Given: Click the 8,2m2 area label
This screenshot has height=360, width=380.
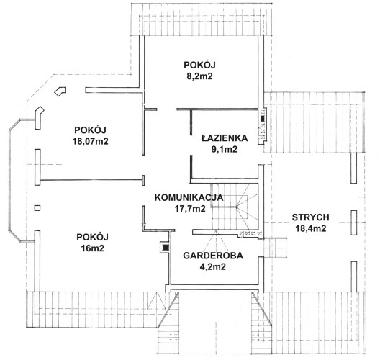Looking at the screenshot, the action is pos(199,76).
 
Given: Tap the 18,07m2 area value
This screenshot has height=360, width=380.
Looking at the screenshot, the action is pos(91,141).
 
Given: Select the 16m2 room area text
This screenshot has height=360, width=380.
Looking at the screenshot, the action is pos(93,248).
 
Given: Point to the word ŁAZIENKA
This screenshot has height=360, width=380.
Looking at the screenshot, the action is pos(225,138).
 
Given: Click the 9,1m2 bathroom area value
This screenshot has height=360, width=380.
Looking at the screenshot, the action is pos(225,149).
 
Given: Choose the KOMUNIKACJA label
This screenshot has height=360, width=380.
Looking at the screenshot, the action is pos(189,197).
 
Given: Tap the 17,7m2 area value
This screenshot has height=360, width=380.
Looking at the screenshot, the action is pos(190,209).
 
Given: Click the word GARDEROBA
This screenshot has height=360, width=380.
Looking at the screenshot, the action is pos(213,256).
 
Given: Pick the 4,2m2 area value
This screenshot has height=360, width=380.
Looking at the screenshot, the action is pos(212,266).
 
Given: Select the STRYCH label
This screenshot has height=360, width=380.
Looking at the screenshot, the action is pos(310,217).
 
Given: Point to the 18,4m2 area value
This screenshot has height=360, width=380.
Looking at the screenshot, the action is pos(311,228).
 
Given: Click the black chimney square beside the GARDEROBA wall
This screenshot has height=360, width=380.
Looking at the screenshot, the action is pos(166,248).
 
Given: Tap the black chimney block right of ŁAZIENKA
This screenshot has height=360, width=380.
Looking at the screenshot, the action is pos(263,119).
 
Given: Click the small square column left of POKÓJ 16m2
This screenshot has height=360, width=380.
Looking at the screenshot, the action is pos(37,208).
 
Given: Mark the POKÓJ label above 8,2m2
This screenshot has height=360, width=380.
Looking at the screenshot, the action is pos(199,65).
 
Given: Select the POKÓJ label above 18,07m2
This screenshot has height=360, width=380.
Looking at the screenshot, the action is pos(90,130).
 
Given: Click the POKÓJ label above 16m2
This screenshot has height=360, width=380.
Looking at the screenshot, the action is pos(92,237).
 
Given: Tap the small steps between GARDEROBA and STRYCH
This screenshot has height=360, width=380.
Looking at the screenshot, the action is pos(275,248).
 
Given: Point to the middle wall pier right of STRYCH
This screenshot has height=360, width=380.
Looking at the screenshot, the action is pos(354,222).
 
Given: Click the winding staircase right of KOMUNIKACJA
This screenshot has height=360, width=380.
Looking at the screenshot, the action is pos(235,206).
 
